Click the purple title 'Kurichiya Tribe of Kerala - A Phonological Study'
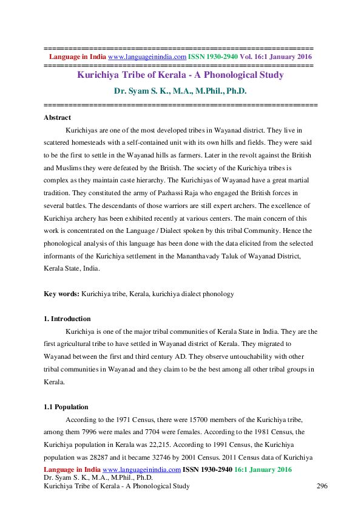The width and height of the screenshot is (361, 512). pyautogui.click(x=180, y=75)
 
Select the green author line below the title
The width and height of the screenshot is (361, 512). pyautogui.click(x=180, y=91)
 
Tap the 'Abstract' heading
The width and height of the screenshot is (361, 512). pyautogui.click(x=58, y=117)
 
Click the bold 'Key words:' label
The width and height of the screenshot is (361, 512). pyautogui.click(x=62, y=294)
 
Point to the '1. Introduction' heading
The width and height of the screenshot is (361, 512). pyautogui.click(x=67, y=319)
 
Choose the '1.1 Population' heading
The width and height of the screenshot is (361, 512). pyautogui.click(x=66, y=407)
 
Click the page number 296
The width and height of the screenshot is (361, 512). pyautogui.click(x=323, y=486)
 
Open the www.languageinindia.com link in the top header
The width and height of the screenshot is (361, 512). pyautogui.click(x=147, y=57)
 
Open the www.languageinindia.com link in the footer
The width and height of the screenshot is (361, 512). pyautogui.click(x=142, y=470)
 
